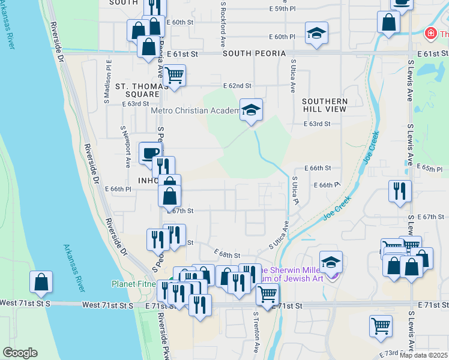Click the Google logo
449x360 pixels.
pyautogui.click(x=20, y=353)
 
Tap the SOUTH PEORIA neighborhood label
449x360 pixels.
pyautogui.click(x=254, y=54)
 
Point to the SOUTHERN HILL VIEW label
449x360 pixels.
pyautogui.click(x=325, y=105)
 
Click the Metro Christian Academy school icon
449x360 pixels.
pyautogui.click(x=252, y=110)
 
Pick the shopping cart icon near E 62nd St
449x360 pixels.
pyautogui.click(x=174, y=76)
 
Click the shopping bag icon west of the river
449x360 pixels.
pyautogui.click(x=41, y=281)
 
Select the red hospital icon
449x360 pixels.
pyautogui.click(x=430, y=34)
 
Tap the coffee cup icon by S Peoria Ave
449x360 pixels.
pyautogui.click(x=149, y=152)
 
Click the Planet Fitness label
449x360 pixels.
pyautogui.click(x=136, y=284)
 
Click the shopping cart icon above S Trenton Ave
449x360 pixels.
pyautogui.click(x=267, y=294)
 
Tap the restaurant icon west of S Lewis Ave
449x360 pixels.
pyautogui.click(x=400, y=191)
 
